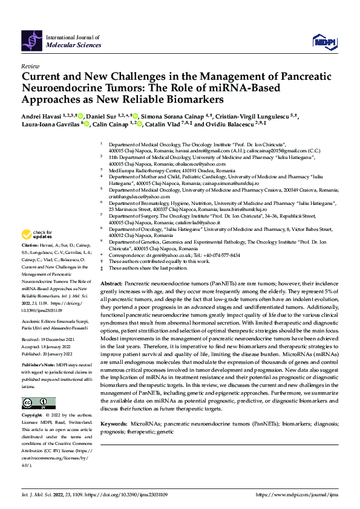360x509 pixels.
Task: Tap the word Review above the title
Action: tap(30, 65)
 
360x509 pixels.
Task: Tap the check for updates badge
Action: tap(38, 233)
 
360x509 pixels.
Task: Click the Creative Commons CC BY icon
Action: tap(39, 403)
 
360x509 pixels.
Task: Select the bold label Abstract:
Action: tap(112, 284)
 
